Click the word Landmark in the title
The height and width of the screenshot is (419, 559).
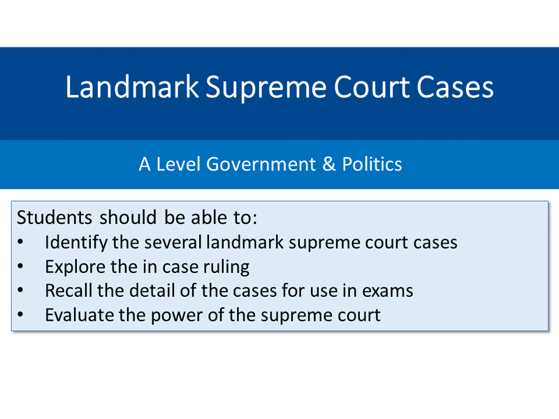132,87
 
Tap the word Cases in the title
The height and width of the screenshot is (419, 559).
455,87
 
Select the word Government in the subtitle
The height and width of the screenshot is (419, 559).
261,164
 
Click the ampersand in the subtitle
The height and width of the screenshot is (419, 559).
329,164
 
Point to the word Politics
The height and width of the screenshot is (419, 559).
372,164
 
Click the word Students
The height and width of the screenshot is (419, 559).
55,217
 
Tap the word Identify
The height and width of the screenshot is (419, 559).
76,243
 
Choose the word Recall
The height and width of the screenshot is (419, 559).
68,291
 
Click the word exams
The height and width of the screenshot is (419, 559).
388,291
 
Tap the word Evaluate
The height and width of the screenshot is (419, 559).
79,315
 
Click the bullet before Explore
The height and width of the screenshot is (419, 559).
20,266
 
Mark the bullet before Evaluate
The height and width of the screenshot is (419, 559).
20,314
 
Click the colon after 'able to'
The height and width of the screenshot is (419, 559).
254,219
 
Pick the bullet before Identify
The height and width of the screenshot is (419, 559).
20,242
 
